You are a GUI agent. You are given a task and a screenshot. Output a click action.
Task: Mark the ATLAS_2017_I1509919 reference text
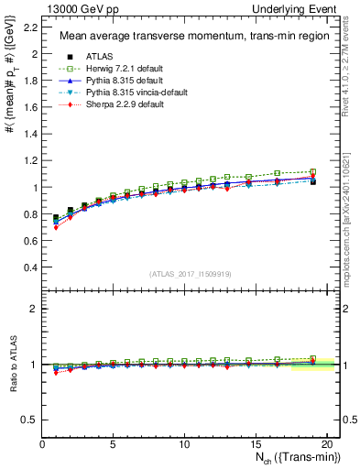click(190, 273)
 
